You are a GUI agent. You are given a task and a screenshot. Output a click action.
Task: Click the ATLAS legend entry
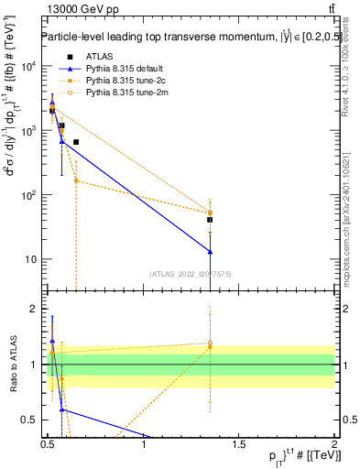click(98, 57)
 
